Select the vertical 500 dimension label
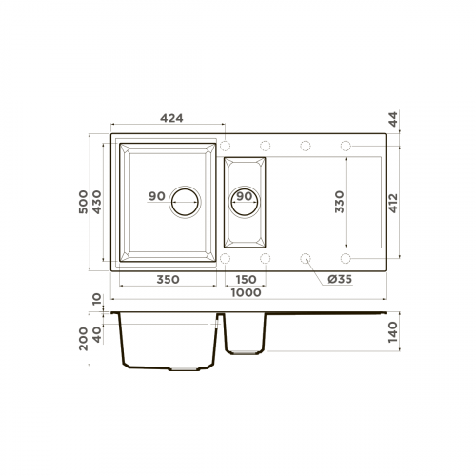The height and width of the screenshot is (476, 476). coord(84,201)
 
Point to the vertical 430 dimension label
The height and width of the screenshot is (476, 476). coord(99,201)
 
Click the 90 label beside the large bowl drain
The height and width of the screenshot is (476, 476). coord(157,197)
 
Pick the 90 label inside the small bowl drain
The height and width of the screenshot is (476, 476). coord(244,197)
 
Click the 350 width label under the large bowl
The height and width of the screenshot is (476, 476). coord(168,280)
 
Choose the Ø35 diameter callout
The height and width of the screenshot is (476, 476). coord(340,280)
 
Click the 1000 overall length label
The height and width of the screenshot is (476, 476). coord(246,293)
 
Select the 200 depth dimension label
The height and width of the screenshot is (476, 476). coord(84,339)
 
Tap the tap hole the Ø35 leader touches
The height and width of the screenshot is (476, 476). coord(306,258)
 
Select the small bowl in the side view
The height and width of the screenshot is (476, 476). coord(246,334)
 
